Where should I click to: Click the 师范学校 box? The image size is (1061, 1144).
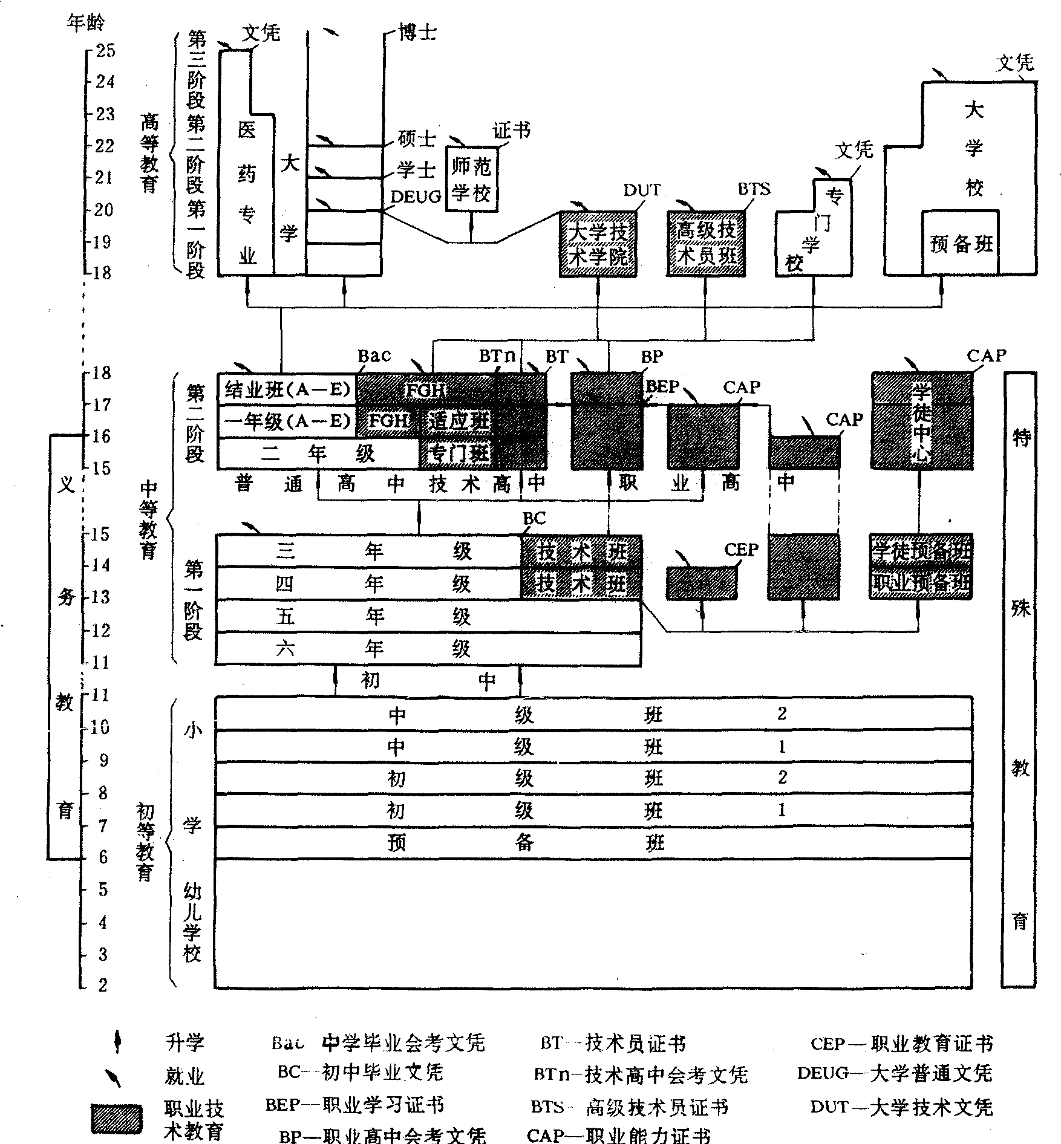coord(472,179)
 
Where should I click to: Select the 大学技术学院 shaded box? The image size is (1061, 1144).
coord(598,244)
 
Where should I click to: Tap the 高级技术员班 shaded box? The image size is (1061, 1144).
coord(706,243)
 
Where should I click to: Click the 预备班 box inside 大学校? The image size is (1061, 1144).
coord(961,243)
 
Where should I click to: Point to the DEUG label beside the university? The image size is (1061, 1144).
coord(416,197)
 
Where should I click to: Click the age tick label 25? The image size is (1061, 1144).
coord(105,50)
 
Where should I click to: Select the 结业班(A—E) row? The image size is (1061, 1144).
coord(287,391)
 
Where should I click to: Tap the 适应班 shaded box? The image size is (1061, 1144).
coord(458,421)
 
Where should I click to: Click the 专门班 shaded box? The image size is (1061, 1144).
coord(458,453)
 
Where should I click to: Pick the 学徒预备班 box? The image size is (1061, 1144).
coord(921,550)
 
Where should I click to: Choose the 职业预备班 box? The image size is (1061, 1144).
coord(921,583)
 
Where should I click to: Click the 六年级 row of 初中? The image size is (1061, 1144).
coord(428,649)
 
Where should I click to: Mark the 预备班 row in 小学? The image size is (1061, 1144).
coord(593,843)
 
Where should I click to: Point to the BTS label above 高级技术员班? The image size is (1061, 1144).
coord(754,189)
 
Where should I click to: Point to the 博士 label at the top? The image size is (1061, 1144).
coord(417,32)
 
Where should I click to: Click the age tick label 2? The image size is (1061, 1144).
coord(103,985)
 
